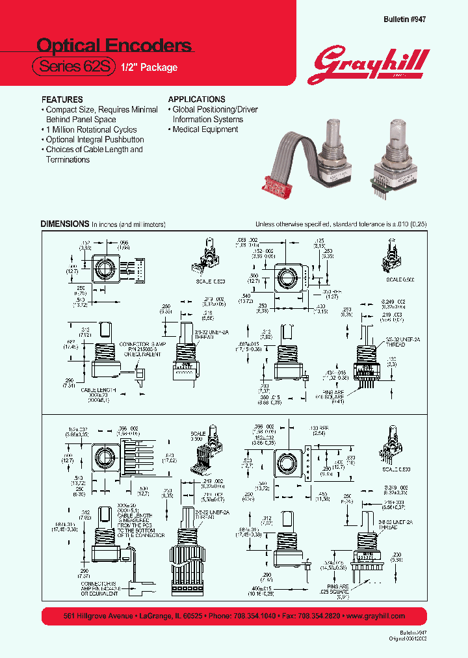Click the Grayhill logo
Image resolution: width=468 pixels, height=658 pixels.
(372, 64)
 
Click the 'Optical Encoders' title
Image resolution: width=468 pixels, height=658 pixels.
(114, 45)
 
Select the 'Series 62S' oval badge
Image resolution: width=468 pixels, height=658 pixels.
(73, 66)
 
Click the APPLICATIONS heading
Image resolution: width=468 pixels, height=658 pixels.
(197, 99)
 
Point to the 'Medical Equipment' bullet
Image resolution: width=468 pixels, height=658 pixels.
(205, 129)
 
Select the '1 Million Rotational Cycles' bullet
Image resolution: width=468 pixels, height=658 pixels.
(91, 129)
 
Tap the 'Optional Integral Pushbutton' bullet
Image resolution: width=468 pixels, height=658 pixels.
(94, 140)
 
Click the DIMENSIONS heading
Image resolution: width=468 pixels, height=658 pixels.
(64, 224)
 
